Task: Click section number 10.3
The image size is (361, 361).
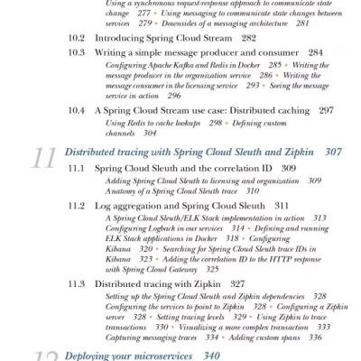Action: [x=79, y=54]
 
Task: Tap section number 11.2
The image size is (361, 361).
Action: [x=79, y=206]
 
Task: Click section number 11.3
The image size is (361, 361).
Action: [x=79, y=283]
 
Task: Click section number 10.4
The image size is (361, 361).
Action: [x=79, y=110]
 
